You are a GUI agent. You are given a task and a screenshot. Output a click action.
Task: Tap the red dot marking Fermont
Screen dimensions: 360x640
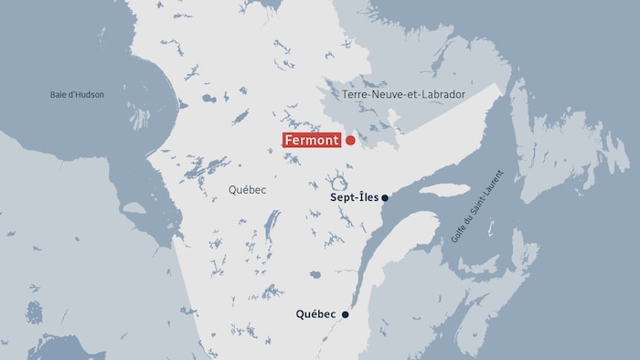click(x=350, y=141)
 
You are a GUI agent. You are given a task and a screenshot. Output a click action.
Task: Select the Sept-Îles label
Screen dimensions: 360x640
click(x=354, y=197)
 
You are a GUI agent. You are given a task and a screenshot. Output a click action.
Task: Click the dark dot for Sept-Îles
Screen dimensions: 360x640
click(x=386, y=197)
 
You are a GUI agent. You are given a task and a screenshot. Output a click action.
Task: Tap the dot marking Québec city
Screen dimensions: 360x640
click(x=346, y=314)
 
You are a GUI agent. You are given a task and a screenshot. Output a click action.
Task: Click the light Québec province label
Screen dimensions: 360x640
click(x=247, y=190)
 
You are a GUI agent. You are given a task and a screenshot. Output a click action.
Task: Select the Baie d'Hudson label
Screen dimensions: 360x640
click(x=78, y=94)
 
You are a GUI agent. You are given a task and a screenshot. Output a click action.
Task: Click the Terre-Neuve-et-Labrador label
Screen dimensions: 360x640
click(x=404, y=94)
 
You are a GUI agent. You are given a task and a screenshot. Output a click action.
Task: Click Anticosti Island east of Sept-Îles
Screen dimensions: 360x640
click(x=444, y=190)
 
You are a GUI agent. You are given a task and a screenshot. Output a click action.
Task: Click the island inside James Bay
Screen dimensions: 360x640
click(x=133, y=207)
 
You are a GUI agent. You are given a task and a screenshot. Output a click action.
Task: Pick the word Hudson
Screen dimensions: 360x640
click(x=89, y=94)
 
